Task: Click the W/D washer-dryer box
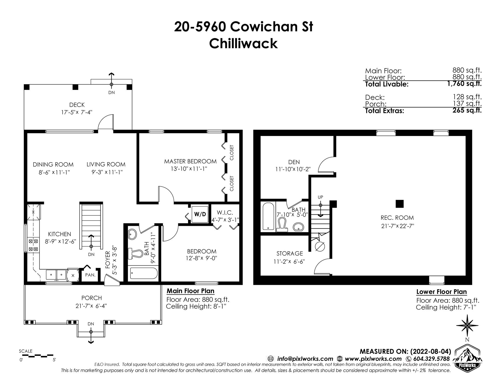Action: [x=200, y=214]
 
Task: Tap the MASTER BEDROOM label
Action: [x=190, y=161]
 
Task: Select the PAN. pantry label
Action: [x=90, y=275]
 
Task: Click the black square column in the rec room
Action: [x=399, y=204]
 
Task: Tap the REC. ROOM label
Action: [x=397, y=218]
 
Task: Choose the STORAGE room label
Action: [x=290, y=253]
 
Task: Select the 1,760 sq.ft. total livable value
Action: [x=465, y=84]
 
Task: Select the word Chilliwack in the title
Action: [x=244, y=44]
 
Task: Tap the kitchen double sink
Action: [x=56, y=274]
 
